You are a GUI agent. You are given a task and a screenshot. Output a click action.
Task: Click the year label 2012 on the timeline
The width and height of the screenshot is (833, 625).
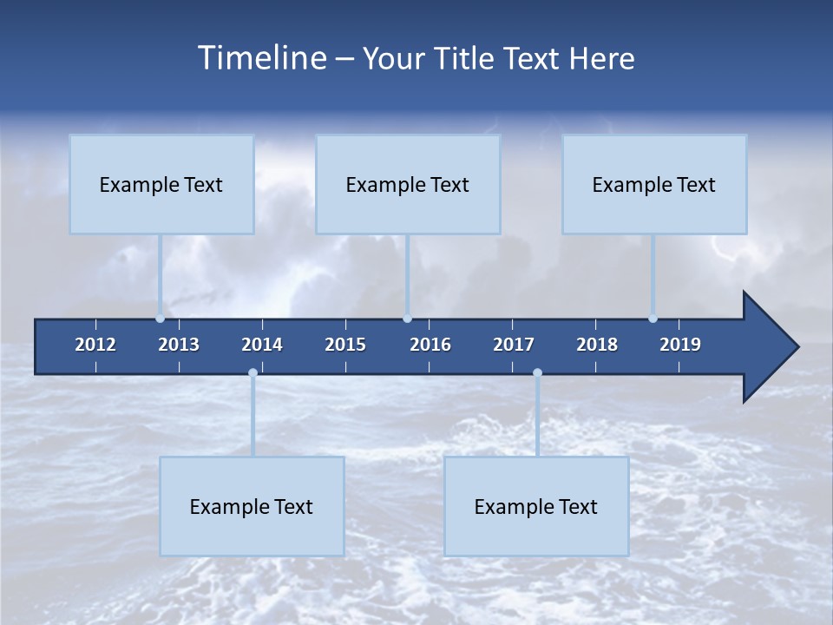[95, 345]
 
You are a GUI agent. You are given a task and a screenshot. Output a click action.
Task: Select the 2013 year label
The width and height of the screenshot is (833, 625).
[179, 345]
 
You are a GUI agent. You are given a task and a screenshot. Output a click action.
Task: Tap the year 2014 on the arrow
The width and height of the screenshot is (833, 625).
[262, 345]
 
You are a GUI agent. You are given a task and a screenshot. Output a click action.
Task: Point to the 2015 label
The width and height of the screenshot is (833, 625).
[345, 345]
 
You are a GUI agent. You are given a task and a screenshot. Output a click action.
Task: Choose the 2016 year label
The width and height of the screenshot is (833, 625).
[430, 345]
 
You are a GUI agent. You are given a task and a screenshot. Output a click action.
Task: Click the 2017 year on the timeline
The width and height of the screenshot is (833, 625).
[514, 345]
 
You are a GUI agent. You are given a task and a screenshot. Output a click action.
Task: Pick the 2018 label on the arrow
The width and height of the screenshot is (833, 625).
[597, 345]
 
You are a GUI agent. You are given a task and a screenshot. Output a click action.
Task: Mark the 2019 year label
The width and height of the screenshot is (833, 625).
[680, 345]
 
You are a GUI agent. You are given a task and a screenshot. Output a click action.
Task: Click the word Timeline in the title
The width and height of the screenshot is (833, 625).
[261, 58]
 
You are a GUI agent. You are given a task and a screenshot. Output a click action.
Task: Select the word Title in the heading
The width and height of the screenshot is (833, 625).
[469, 58]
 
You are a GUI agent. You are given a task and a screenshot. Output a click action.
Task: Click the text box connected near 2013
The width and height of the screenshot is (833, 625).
[161, 184]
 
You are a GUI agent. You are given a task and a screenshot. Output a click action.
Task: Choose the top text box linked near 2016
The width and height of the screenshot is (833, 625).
[408, 184]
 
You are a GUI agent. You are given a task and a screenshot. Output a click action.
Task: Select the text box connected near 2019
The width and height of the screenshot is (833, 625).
[654, 184]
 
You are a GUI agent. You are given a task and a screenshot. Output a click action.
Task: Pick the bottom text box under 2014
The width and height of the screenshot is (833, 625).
[252, 506]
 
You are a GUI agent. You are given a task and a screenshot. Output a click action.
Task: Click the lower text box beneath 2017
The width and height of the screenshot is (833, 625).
[536, 506]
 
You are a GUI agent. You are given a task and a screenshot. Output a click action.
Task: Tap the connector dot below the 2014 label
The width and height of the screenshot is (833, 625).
[253, 373]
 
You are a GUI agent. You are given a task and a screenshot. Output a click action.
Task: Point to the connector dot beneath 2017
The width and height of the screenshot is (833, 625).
[537, 373]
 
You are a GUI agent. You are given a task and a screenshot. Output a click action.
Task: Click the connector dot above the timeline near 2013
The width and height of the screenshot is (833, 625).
[161, 318]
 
